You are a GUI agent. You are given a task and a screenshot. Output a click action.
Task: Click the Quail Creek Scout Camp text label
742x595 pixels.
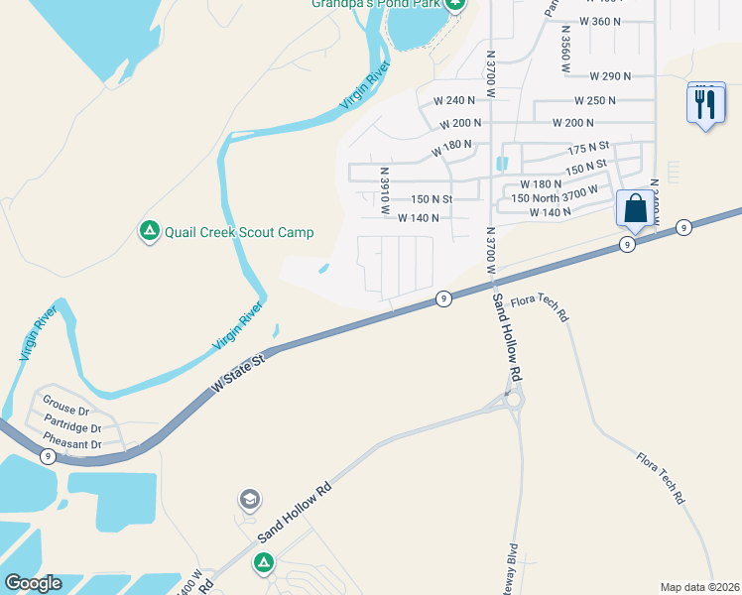pyautogui.click(x=239, y=232)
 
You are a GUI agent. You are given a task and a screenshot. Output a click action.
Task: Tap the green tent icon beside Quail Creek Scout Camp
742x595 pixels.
pyautogui.click(x=149, y=231)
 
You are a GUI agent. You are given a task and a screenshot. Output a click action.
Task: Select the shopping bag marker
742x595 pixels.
pyautogui.click(x=635, y=210)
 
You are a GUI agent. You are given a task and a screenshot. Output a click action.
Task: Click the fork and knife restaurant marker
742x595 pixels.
pyautogui.click(x=704, y=103)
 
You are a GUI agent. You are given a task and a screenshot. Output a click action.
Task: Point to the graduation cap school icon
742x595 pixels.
pyautogui.click(x=250, y=497)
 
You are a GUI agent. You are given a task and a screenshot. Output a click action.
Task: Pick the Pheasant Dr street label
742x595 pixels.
pyautogui.click(x=73, y=444)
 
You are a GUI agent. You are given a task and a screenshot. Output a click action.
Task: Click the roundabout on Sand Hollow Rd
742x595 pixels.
pyautogui.click(x=512, y=401)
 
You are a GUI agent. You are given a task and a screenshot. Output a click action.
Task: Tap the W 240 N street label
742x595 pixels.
pyautogui.click(x=455, y=100)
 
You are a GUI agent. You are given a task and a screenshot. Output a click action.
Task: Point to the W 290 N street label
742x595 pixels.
pyautogui.click(x=610, y=75)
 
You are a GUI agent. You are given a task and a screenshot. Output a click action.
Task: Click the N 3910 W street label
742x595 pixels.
pyautogui.click(x=386, y=191)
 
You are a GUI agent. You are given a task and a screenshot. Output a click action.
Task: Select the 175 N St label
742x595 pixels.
pyautogui.click(x=586, y=149)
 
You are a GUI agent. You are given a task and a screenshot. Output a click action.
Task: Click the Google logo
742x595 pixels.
pyautogui.click(x=33, y=583)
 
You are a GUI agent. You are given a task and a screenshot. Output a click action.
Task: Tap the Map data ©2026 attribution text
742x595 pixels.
pyautogui.click(x=699, y=587)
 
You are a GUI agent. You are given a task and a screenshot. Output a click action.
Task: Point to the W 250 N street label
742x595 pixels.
pyautogui.click(x=594, y=100)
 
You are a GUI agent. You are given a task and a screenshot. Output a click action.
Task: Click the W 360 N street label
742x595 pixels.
pyautogui.click(x=599, y=21)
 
